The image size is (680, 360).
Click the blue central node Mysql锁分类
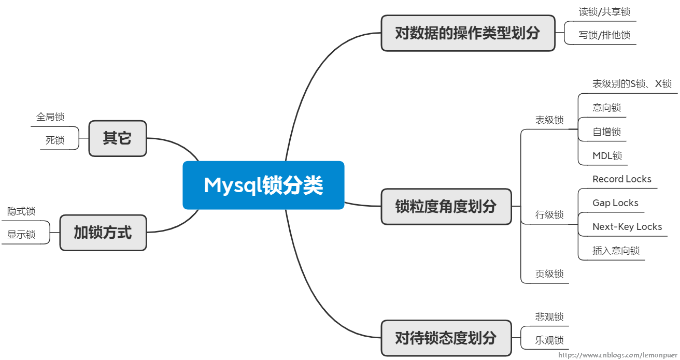263,185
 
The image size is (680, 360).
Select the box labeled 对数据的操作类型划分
467,33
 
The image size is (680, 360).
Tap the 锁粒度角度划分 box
446,207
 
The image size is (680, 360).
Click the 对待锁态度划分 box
446,338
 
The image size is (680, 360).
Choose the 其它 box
117,138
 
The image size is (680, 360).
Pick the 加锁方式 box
103,233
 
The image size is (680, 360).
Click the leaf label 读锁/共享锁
604,12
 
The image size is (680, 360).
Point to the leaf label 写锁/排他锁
604,35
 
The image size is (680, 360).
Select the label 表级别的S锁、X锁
632,84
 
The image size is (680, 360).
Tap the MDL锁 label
607,155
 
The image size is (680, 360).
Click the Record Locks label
622,179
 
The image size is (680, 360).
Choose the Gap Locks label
615,203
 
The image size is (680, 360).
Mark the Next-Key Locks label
627,227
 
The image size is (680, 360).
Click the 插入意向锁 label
616,251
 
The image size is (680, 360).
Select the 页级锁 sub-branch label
549,274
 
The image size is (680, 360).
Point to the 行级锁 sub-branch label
549,215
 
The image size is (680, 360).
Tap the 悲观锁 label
549,317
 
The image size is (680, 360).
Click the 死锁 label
55,140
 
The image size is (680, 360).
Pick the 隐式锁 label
21,211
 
